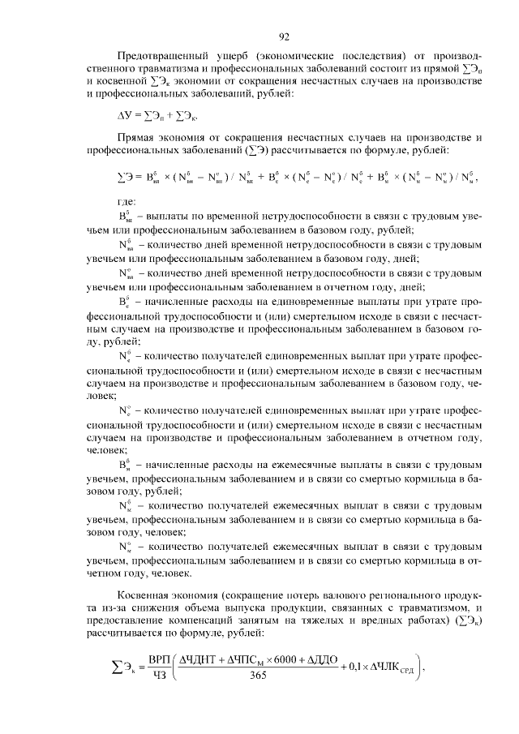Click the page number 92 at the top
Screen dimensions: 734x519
pyautogui.click(x=285, y=36)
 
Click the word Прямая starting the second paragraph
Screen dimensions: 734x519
pyautogui.click(x=135, y=139)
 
